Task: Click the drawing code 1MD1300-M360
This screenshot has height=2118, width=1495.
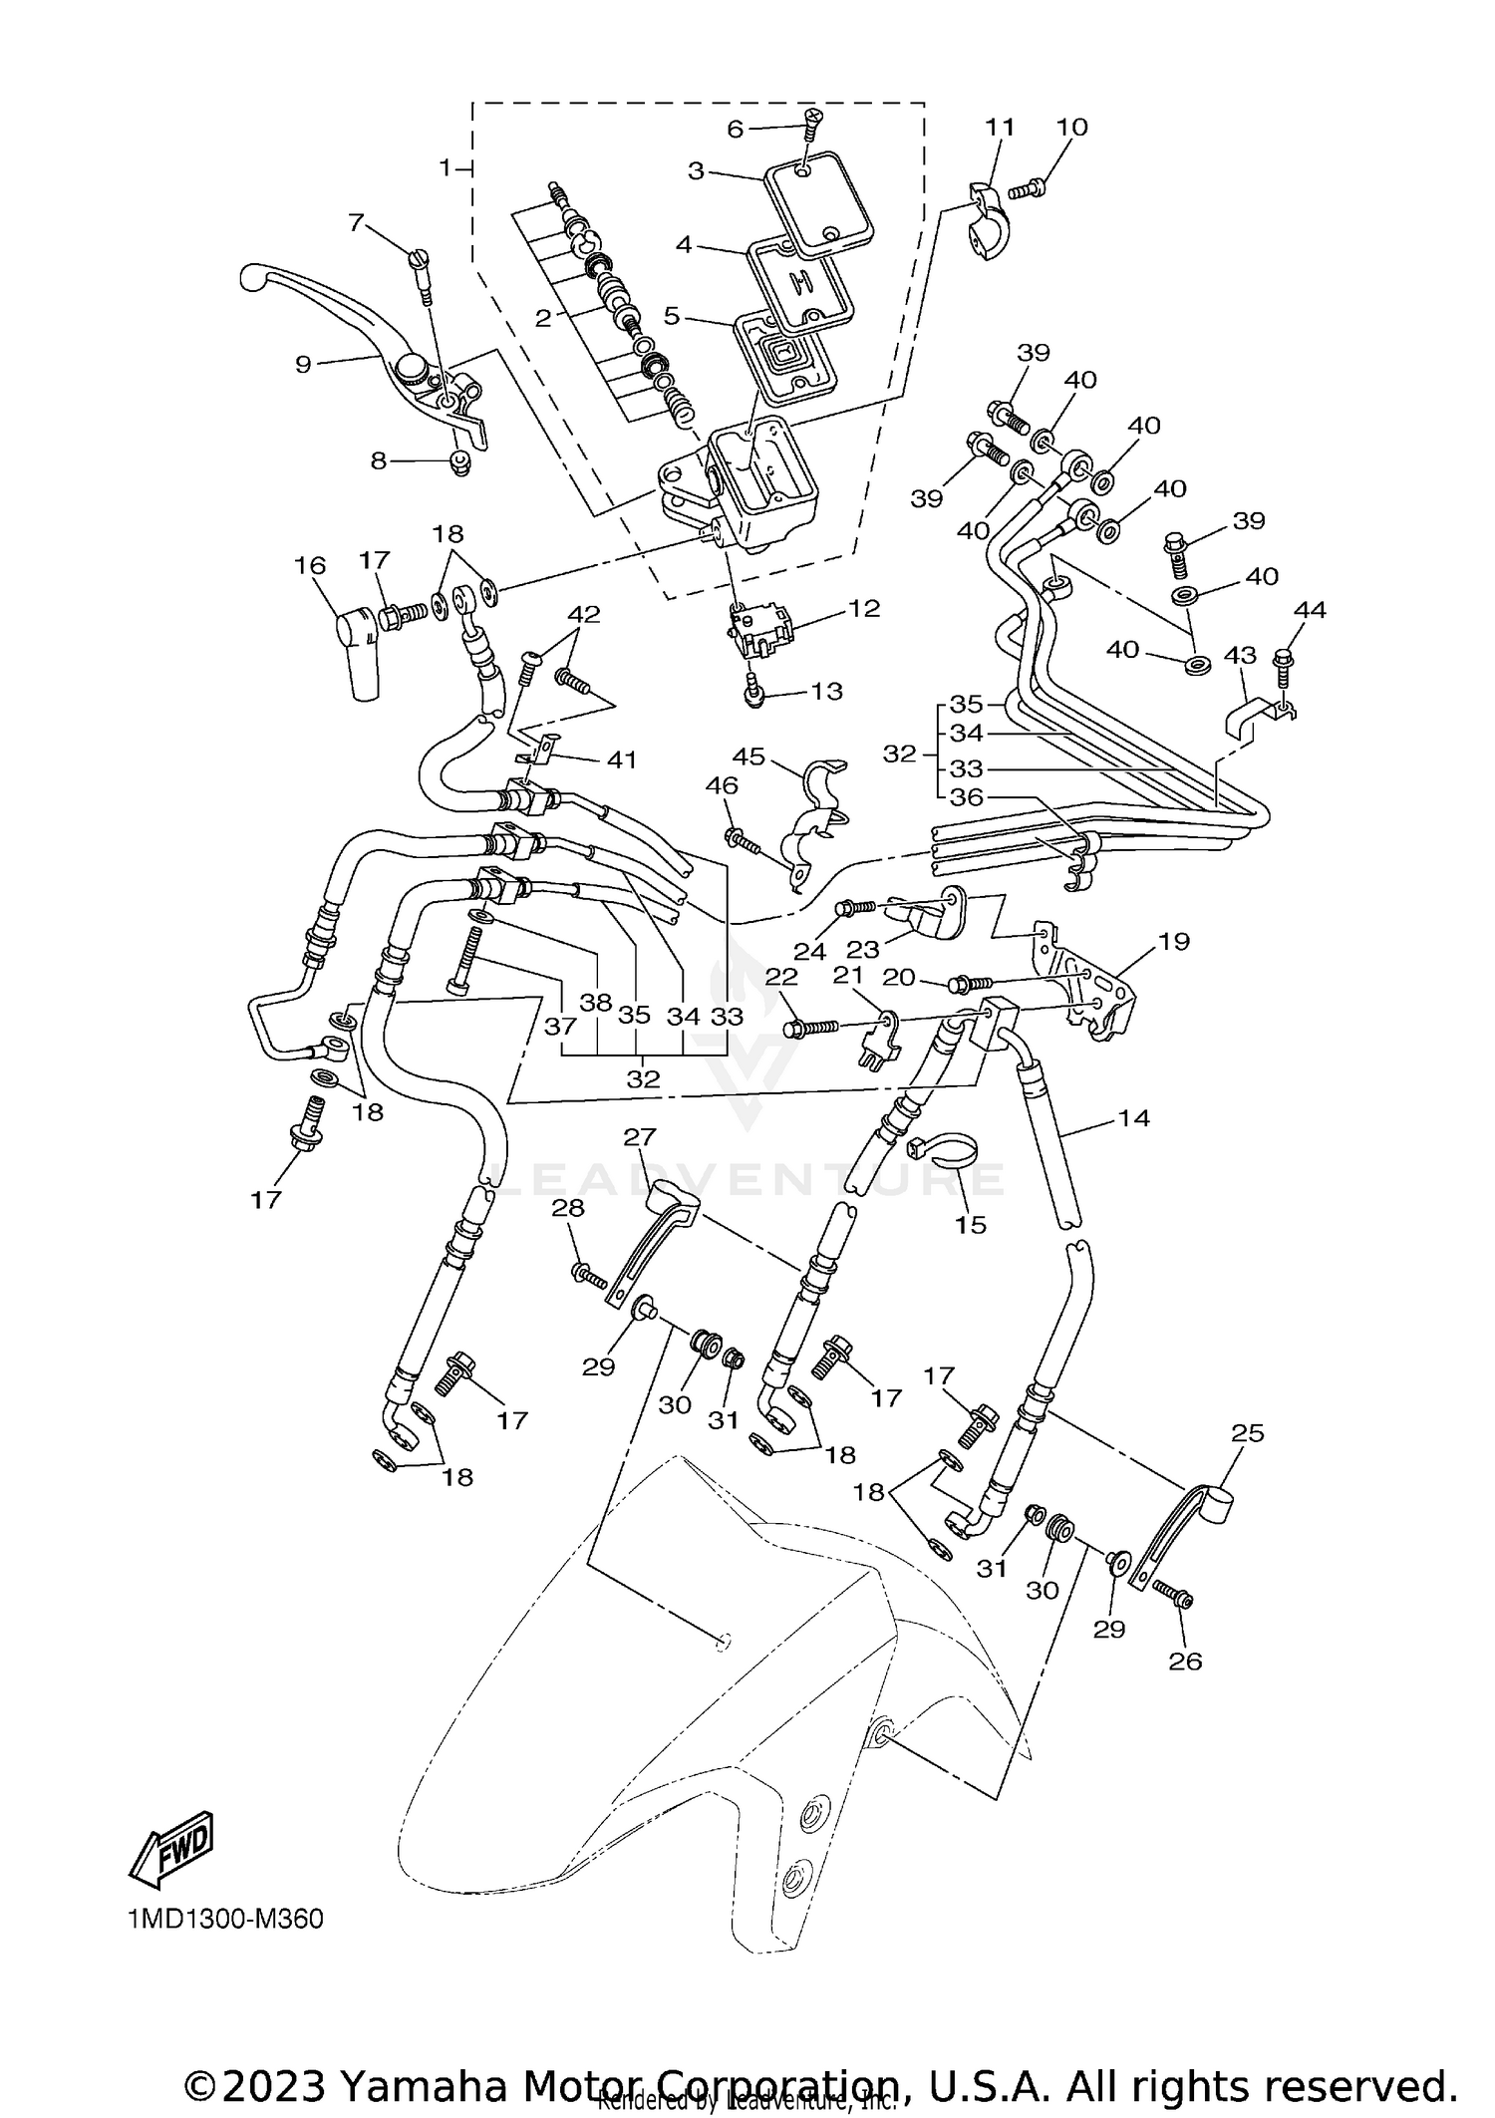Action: tap(225, 1919)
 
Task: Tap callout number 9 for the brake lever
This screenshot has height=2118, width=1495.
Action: tap(303, 364)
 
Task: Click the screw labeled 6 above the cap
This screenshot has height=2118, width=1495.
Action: tap(813, 123)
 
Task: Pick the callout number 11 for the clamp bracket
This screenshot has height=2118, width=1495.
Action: tap(1000, 127)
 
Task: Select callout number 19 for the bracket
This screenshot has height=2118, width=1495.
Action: tap(1174, 940)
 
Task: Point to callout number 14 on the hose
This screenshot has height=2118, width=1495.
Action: tap(1133, 1117)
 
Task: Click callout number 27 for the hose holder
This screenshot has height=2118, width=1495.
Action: tap(640, 1136)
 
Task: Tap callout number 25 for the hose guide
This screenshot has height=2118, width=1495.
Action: tap(1247, 1432)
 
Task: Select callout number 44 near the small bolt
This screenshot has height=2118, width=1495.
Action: tap(1309, 609)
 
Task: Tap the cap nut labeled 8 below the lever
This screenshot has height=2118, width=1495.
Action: tap(460, 461)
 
